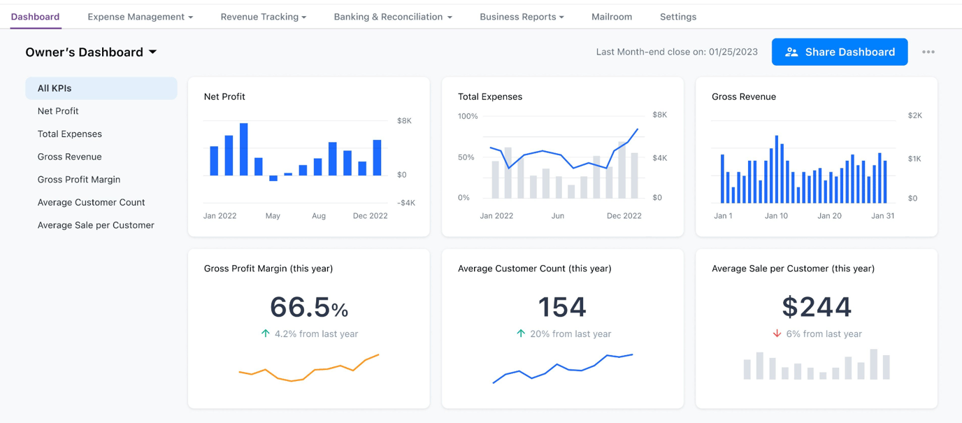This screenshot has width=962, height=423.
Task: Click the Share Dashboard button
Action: [839, 52]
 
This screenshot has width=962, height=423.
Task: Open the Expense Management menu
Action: [140, 17]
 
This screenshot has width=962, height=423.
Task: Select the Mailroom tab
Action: [611, 17]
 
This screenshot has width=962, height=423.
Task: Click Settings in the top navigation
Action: [677, 17]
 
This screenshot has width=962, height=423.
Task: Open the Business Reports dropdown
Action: [522, 17]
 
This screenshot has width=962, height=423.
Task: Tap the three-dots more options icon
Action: [928, 52]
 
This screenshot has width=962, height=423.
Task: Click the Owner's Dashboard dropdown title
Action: [91, 52]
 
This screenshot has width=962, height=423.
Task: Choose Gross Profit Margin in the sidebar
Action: [79, 180]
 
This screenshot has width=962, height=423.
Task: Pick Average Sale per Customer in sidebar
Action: [96, 225]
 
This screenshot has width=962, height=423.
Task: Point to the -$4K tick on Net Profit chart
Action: [405, 203]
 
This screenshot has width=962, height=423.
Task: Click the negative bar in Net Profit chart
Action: [273, 178]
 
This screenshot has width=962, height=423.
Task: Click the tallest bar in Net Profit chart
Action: [244, 149]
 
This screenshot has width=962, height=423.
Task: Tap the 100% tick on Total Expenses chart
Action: [468, 116]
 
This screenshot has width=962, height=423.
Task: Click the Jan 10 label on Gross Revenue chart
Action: [776, 215]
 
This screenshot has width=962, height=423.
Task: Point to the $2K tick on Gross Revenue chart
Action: [914, 115]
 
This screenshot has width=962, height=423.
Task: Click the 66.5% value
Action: [308, 307]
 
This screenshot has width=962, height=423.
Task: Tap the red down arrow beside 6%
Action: [777, 334]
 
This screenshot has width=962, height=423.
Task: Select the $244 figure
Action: [816, 307]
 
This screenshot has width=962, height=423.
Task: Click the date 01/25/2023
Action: [733, 52]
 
